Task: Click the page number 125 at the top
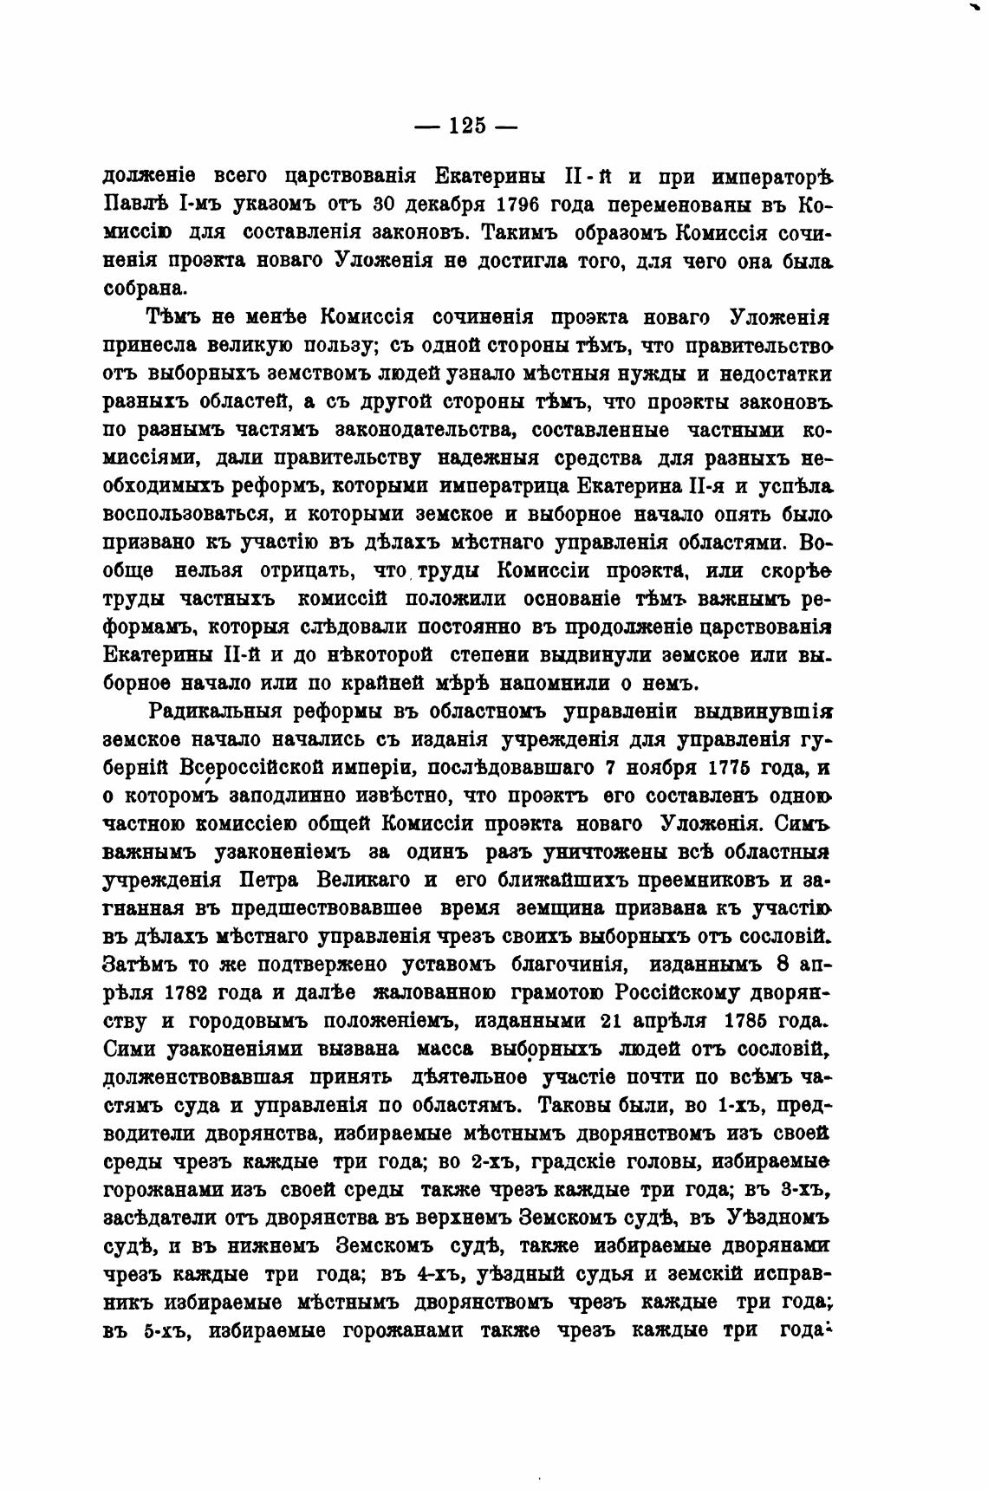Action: (x=467, y=126)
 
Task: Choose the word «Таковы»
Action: (x=573, y=1106)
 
